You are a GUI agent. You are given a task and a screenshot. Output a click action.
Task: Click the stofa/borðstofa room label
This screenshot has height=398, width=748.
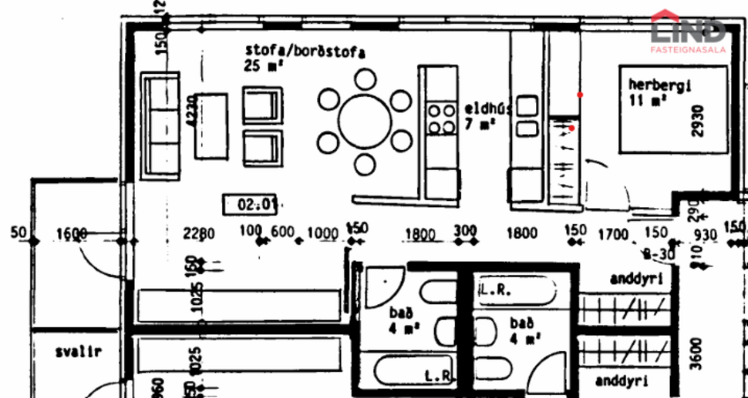[x=305, y=52]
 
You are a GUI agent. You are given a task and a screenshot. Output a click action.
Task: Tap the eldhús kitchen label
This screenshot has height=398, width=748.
[x=488, y=109]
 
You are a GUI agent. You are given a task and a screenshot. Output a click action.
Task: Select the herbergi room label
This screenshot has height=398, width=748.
[x=659, y=85]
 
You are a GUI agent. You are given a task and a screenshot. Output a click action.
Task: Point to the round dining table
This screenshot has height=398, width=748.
[x=366, y=121]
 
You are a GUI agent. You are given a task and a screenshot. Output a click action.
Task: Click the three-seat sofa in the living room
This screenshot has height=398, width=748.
[x=160, y=125]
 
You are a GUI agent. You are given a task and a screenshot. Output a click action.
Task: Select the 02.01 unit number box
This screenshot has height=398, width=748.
[x=249, y=205]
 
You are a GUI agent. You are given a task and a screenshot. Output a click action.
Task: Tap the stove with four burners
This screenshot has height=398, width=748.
[x=443, y=119]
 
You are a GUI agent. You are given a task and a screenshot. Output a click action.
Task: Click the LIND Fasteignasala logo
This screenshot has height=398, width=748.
[x=689, y=32]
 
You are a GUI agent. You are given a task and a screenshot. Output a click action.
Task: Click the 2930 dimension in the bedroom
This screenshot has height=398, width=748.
[x=698, y=121]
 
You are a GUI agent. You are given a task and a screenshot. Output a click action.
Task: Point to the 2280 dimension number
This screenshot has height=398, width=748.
[x=198, y=233]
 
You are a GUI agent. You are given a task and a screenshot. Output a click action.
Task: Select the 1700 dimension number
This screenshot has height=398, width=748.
[x=613, y=233]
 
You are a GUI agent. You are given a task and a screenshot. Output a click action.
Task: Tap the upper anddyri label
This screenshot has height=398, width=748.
[x=635, y=279]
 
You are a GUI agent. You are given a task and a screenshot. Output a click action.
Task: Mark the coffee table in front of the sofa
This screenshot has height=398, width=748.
[x=211, y=126]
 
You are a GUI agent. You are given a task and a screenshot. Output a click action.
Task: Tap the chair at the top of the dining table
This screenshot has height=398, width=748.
[x=366, y=79]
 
